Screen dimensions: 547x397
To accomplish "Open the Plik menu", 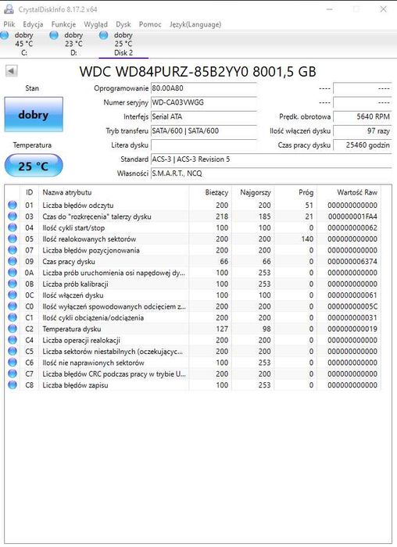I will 9,24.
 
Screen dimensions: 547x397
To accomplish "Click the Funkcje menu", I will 63,24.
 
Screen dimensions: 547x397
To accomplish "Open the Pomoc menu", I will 150,24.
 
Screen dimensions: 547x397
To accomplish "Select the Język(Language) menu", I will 195,24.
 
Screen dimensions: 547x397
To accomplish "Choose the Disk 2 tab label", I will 123,52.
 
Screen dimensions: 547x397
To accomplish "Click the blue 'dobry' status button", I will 33,115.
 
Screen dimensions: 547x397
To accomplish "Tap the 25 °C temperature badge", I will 33,165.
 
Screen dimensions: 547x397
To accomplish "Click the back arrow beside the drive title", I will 12,71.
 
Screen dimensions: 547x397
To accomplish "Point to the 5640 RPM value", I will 363,116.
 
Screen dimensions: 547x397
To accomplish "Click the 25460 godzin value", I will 363,145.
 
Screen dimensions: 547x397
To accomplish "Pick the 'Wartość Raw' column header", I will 357,191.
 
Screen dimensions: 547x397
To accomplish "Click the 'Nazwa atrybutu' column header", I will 67,191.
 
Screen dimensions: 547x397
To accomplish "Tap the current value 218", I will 221,216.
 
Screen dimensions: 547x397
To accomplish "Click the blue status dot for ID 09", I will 12,262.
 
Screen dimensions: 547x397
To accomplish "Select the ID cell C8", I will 30,385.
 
